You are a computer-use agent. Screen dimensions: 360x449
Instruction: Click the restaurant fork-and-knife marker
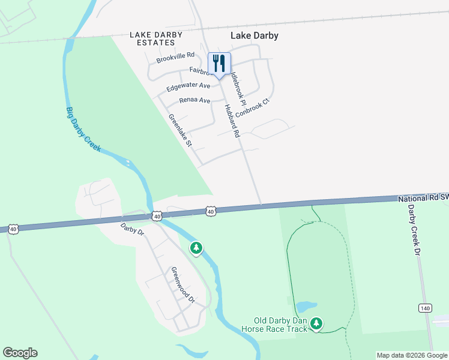tap(218, 64)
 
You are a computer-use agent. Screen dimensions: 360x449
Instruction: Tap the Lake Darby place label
tap(255, 35)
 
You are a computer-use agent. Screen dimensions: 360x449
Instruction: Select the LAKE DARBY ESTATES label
tap(156, 39)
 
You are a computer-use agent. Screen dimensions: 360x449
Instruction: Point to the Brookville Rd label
tap(176, 58)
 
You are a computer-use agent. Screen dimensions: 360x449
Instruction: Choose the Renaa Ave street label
tap(194, 100)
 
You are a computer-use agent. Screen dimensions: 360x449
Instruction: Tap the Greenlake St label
tap(179, 131)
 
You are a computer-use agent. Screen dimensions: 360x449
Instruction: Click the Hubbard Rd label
tap(232, 122)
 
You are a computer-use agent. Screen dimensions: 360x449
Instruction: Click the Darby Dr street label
tap(133, 229)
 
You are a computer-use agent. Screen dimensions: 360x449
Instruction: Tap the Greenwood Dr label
tap(184, 284)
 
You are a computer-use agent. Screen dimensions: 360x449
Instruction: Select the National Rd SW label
tap(423, 197)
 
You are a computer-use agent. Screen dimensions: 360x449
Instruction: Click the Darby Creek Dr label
tap(412, 230)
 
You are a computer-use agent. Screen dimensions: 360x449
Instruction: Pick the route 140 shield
tap(424, 308)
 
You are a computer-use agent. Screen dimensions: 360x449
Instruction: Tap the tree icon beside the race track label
tap(316, 324)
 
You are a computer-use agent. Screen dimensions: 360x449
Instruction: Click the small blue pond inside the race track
tap(306, 307)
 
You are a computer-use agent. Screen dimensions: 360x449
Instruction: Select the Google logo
tap(20, 353)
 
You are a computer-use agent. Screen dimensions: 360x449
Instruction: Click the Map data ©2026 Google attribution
tap(412, 355)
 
